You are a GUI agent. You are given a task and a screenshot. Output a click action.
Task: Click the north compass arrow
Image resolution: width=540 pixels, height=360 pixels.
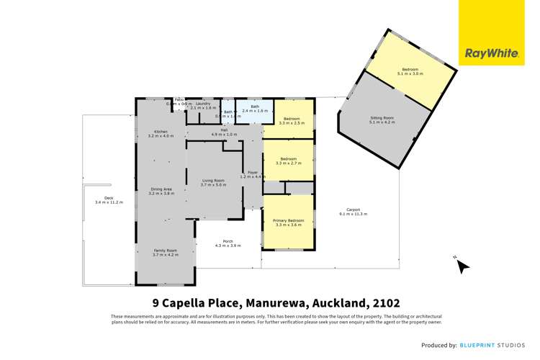[462, 266]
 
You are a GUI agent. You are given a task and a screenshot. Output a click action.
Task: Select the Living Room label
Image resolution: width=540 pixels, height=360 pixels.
[212, 180]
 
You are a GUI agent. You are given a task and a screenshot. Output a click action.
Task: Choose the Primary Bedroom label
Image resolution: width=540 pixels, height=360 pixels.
[288, 221]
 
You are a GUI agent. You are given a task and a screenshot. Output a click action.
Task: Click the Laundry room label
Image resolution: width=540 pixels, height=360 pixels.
[202, 104]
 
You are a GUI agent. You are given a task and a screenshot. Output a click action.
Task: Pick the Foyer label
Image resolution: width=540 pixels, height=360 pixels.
[253, 172]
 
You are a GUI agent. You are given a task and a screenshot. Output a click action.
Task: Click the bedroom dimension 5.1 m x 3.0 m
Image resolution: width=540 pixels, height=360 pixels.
[410, 74]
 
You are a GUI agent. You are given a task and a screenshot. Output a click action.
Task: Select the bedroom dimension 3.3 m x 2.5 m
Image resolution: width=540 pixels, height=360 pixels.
[291, 123]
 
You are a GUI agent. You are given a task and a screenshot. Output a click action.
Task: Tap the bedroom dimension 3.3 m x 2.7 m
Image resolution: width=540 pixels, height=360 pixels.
[288, 163]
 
